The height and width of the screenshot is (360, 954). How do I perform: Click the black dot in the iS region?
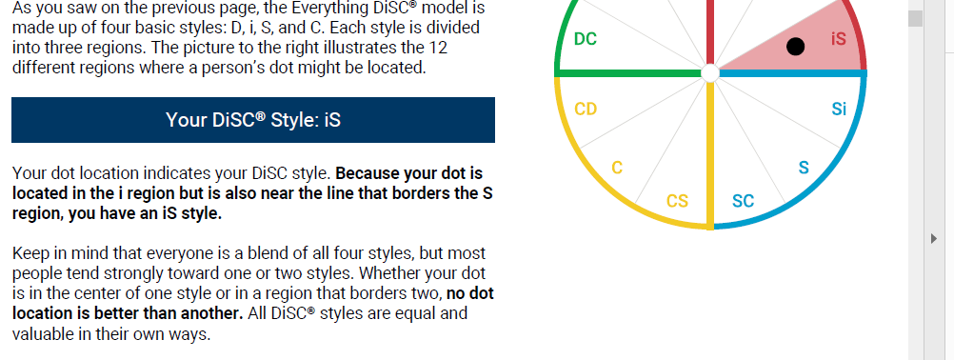(795, 47)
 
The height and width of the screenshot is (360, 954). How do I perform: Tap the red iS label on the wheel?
(839, 39)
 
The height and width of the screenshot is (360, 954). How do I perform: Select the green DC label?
(586, 39)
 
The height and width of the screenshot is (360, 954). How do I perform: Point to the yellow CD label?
(586, 109)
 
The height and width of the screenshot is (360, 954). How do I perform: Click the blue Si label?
(839, 109)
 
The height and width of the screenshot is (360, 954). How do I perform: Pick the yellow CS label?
(677, 201)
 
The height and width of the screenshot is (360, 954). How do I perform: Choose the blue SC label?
(743, 201)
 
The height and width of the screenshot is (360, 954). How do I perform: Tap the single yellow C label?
(617, 168)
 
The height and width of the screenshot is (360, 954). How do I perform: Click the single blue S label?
(804, 168)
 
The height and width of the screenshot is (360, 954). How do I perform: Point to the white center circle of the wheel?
(710, 73)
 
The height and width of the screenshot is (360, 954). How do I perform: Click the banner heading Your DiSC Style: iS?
(253, 120)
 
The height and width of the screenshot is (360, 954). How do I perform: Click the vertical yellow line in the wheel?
(710, 155)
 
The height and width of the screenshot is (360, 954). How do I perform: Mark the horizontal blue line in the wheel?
(793, 73)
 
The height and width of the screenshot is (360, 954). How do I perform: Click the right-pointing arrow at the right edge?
(934, 238)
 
